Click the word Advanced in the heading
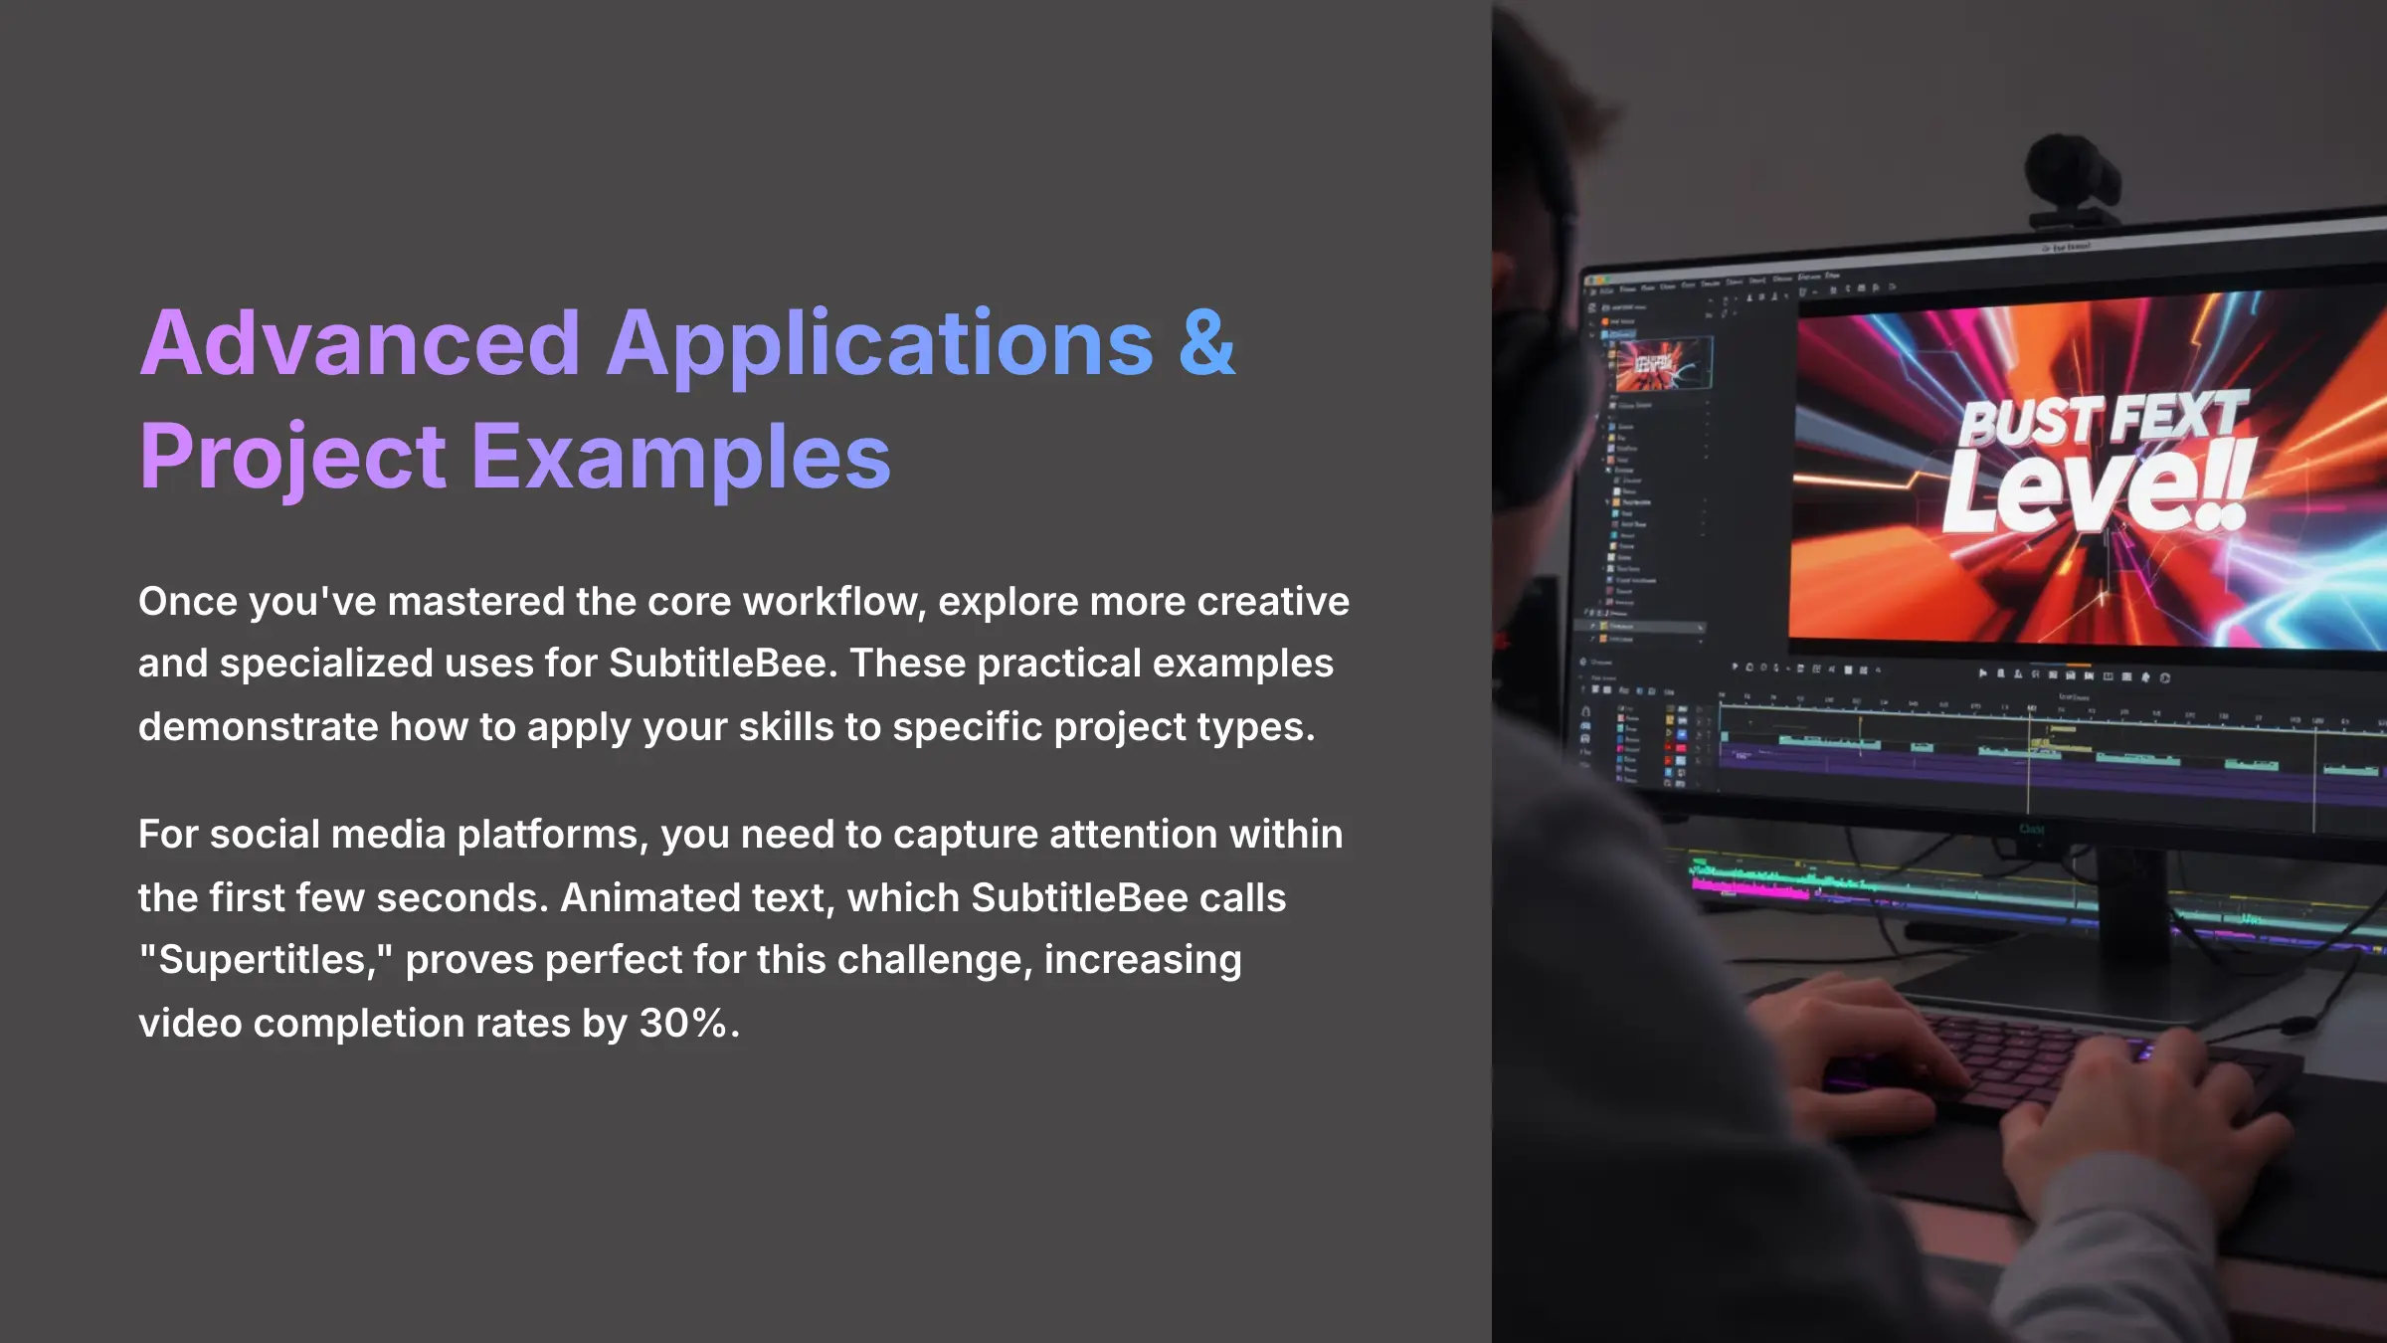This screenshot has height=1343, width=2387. [x=360, y=343]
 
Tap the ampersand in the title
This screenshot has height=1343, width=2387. [x=1206, y=343]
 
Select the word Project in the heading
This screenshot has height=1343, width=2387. [x=292, y=458]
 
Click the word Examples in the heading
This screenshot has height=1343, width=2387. [x=681, y=458]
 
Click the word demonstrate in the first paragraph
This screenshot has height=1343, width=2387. [x=257, y=727]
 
